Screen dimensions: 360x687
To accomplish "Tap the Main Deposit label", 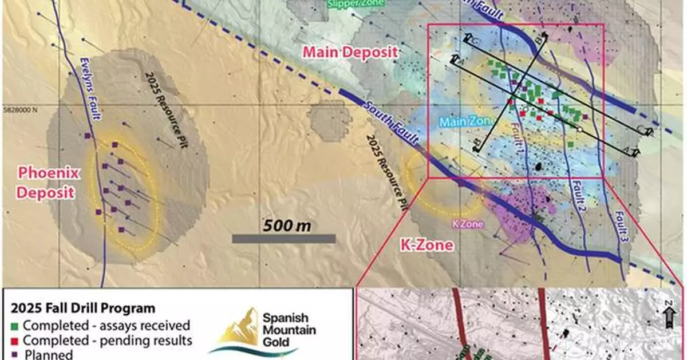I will click(350, 52).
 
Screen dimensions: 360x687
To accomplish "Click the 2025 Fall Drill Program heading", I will click(83, 308).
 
